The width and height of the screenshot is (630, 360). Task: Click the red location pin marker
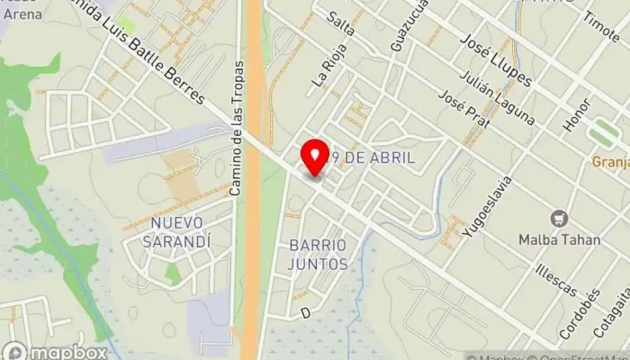click(315, 158)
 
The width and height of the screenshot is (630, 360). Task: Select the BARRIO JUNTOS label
click(318, 255)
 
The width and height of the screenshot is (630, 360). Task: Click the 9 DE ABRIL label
click(373, 157)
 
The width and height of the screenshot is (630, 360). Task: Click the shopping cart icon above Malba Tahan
click(560, 219)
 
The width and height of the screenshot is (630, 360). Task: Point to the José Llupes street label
click(495, 60)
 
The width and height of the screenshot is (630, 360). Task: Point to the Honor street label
click(576, 115)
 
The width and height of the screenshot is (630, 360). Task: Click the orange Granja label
click(609, 162)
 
